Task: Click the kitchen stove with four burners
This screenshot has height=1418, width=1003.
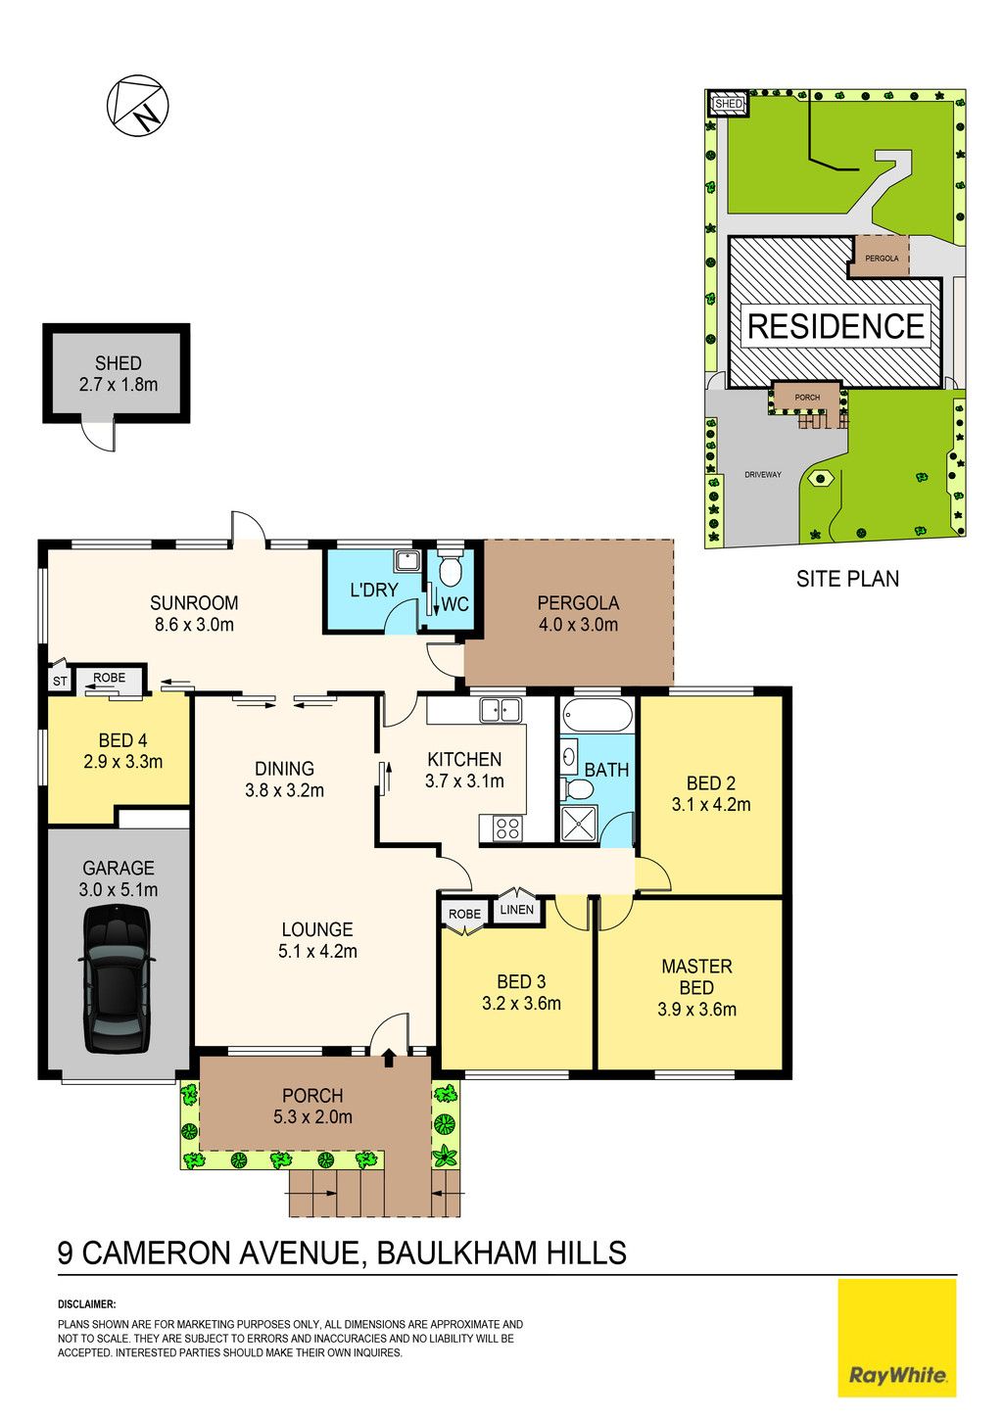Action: coord(507,828)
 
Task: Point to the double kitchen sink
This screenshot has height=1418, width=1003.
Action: coord(501,710)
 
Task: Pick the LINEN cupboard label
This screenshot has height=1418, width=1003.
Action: coord(517,910)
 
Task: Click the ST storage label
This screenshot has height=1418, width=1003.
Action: coord(60,682)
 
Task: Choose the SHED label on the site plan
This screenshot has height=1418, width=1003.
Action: coord(728,103)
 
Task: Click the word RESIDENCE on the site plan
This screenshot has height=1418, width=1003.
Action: coord(836,326)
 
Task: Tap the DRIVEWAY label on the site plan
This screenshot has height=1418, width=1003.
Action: coord(763,474)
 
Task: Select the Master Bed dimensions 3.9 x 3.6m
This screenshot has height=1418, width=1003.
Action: coord(696,1009)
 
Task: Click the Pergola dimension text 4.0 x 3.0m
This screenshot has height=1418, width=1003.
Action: coord(578,625)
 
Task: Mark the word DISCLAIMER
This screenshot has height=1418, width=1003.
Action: coord(87,1304)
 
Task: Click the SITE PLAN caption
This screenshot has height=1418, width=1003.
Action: coord(847,579)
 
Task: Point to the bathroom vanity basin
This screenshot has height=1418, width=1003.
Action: coord(569,756)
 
